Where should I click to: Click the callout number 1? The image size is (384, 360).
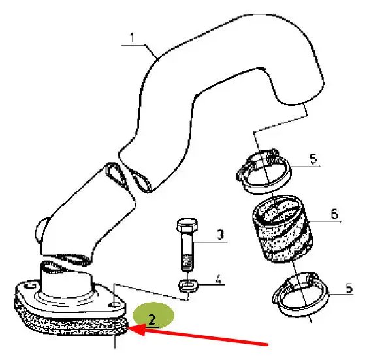[132, 38]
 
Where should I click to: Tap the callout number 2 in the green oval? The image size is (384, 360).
[152, 319]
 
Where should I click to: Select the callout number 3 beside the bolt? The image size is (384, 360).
[221, 235]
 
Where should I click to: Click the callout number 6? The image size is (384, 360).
[334, 214]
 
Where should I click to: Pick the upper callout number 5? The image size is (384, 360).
[313, 159]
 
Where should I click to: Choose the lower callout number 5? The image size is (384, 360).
[349, 288]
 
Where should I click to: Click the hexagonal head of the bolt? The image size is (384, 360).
[187, 225]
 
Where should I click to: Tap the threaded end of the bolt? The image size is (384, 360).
[187, 263]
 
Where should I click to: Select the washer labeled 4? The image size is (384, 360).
[187, 286]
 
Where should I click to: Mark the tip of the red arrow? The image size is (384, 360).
[128, 327]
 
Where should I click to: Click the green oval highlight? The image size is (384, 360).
[153, 316]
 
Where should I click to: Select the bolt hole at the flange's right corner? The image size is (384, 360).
[114, 305]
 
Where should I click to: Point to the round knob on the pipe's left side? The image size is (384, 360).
[41, 229]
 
